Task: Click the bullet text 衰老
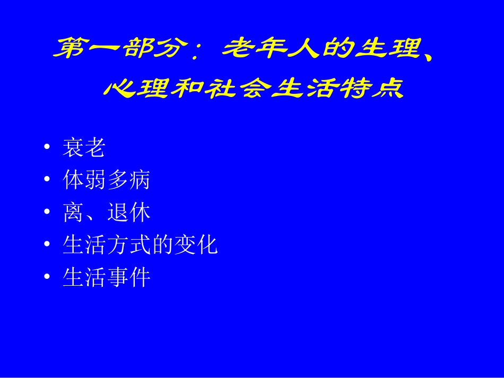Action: tap(83, 148)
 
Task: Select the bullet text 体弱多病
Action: tap(106, 180)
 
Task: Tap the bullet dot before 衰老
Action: tap(48, 147)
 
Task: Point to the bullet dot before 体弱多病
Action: tap(48, 180)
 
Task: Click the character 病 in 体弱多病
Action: tap(140, 180)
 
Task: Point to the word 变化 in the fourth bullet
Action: tap(195, 245)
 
